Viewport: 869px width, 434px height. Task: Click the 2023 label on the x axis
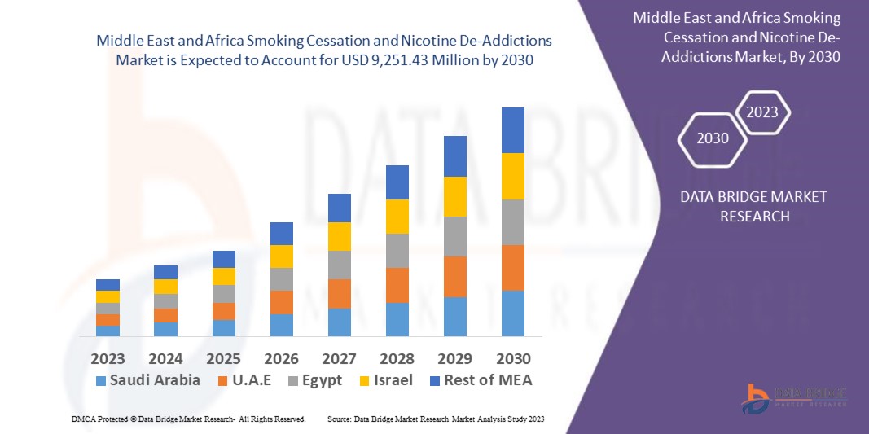(x=108, y=358)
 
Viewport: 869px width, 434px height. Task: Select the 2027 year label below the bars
(x=340, y=358)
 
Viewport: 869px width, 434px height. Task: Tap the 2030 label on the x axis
(x=513, y=358)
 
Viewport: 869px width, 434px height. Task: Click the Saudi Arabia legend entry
(x=147, y=380)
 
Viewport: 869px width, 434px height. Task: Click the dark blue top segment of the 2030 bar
(x=513, y=130)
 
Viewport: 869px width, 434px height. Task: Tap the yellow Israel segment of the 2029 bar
(x=455, y=196)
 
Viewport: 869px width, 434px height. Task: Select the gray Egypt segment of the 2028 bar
(x=397, y=251)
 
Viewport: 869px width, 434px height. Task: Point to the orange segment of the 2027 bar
(x=340, y=294)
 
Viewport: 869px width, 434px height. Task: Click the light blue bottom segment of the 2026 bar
(x=282, y=325)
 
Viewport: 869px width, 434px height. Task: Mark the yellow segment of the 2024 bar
(x=165, y=287)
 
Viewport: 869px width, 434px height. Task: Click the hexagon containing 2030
(x=713, y=138)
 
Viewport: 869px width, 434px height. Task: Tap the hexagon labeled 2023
(x=762, y=112)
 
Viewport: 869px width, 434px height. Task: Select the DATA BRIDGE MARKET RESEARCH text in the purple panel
(x=741, y=206)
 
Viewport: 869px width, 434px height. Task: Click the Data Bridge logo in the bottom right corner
(x=793, y=397)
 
